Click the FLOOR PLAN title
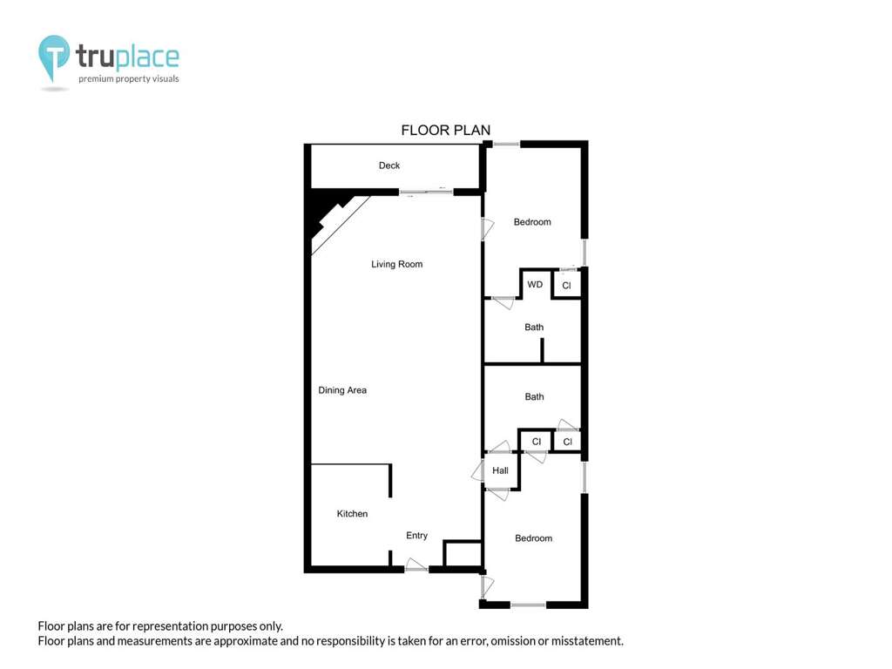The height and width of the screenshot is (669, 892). coord(445,131)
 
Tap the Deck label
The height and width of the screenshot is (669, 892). coord(389,166)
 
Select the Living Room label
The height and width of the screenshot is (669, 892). coord(396,265)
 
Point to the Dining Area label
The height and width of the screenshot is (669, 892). coord(341,390)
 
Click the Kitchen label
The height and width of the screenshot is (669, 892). coord(352,514)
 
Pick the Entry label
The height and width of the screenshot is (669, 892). coord(416,536)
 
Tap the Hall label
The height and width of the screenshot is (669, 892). coord(500,470)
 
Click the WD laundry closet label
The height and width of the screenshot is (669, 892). coord(535,285)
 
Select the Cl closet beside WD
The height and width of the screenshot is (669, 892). coord(566,286)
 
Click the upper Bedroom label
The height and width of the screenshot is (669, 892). coord(532,222)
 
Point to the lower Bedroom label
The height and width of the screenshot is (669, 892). coord(533,538)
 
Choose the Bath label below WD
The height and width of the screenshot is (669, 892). coord(534,328)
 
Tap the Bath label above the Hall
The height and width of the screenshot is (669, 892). coord(534,396)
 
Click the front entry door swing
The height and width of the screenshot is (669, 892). coord(416,564)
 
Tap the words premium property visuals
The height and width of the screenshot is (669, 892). coord(129,79)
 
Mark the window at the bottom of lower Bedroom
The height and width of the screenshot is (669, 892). coord(528,605)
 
